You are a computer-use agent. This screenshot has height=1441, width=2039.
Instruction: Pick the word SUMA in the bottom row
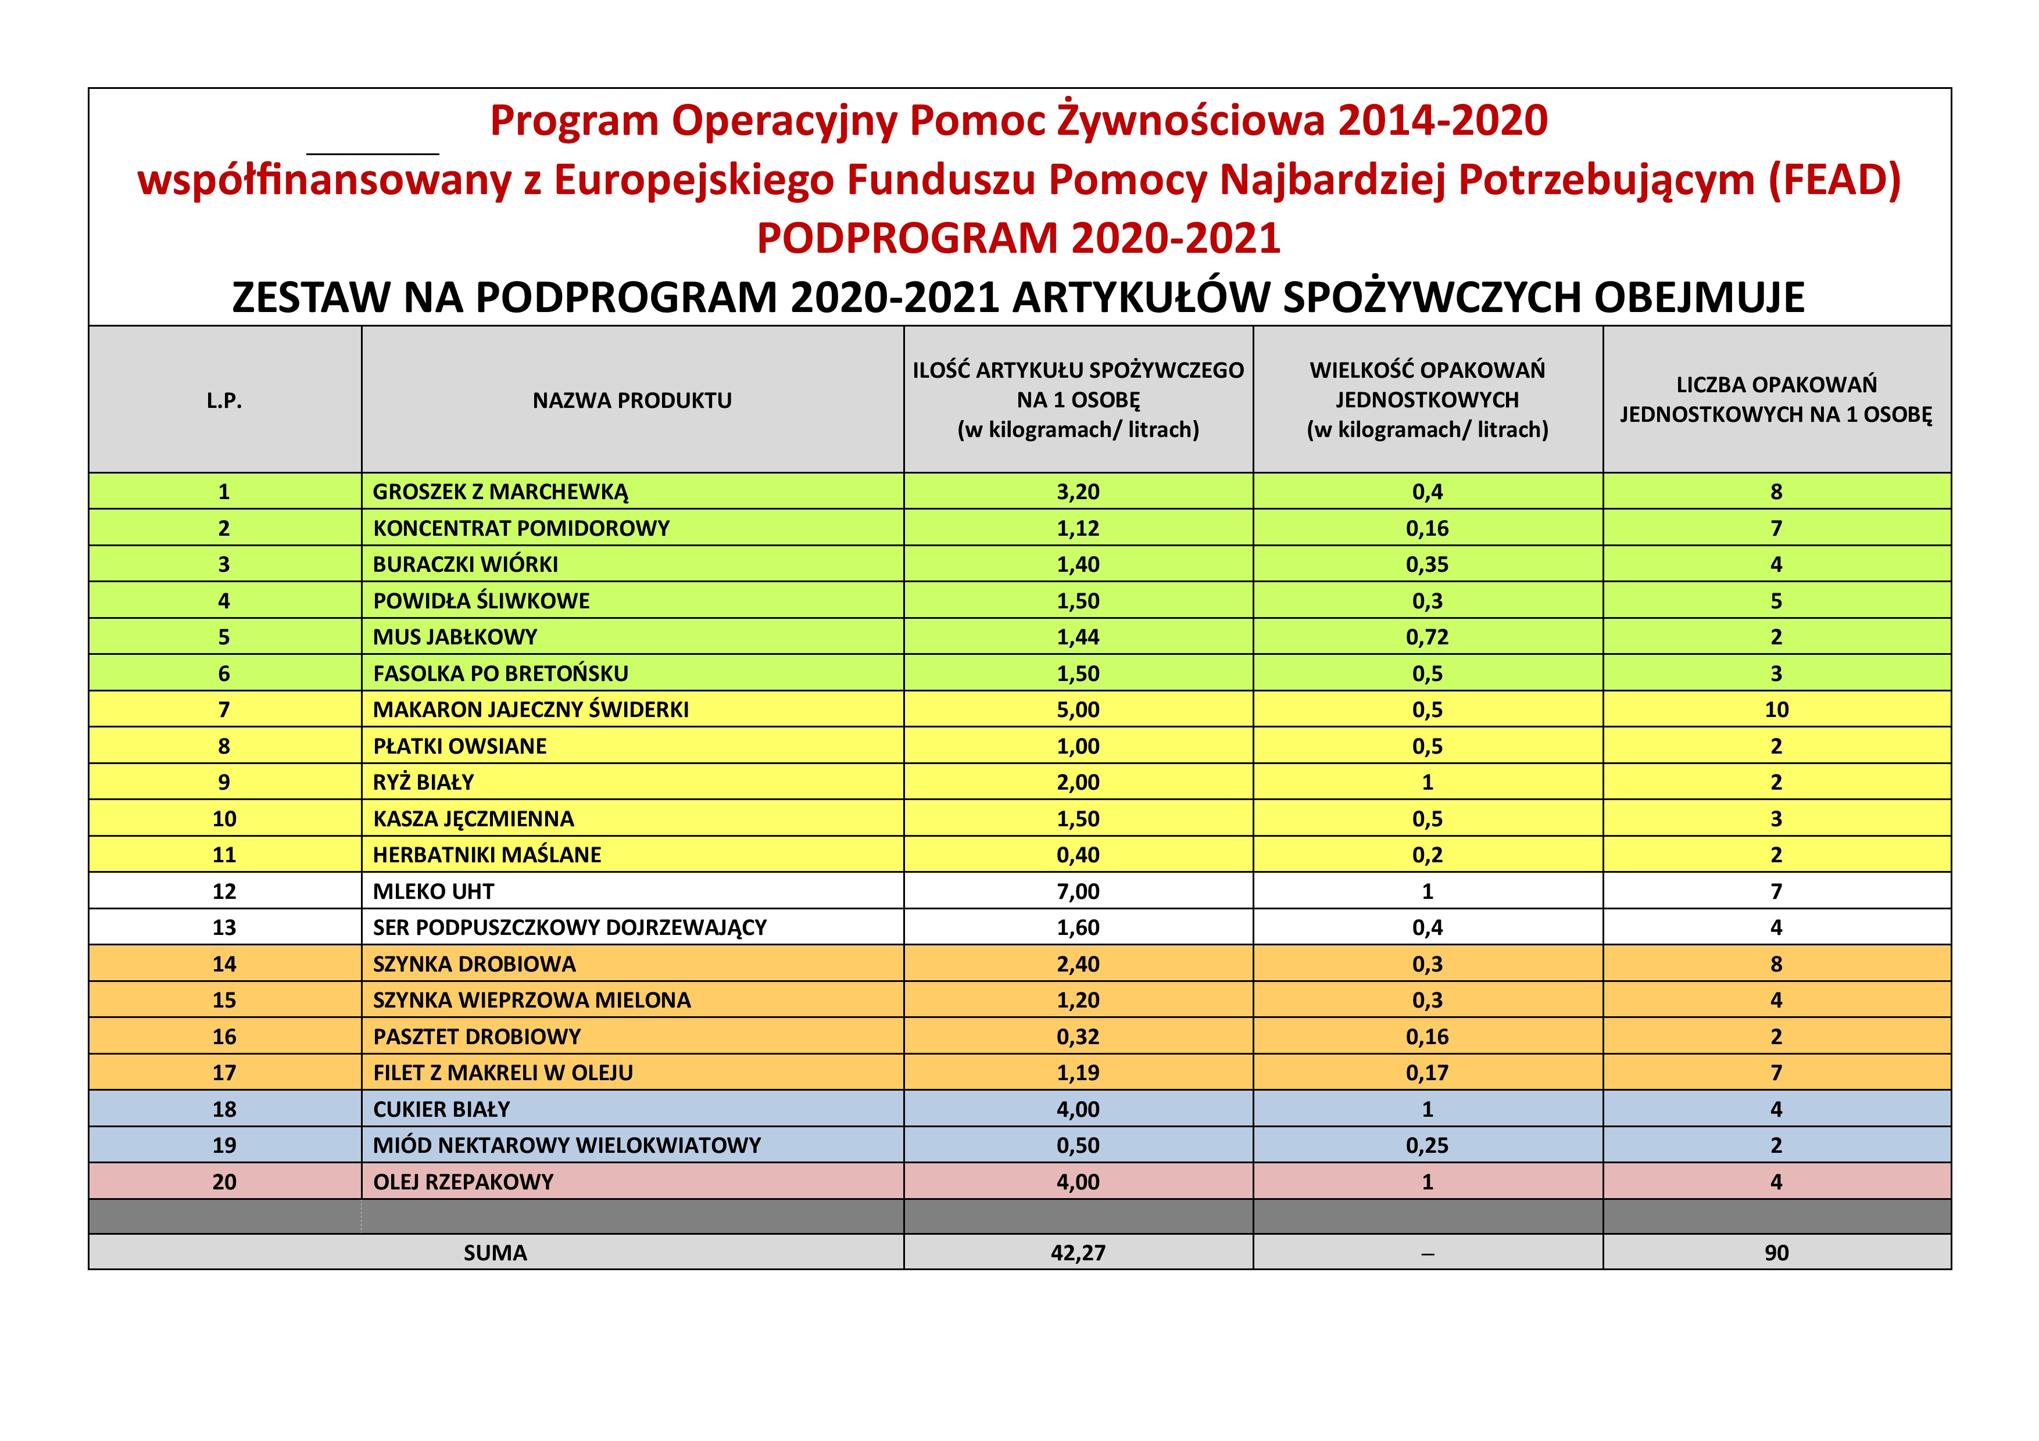pyautogui.click(x=495, y=1253)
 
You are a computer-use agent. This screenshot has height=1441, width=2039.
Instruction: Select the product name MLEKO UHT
pyautogui.click(x=434, y=891)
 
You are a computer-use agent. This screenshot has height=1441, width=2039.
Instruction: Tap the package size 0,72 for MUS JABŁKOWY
pyautogui.click(x=1426, y=637)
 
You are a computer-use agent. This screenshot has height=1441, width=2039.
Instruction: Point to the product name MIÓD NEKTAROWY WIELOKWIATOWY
pyautogui.click(x=567, y=1145)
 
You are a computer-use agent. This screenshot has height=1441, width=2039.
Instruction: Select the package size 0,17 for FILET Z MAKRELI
pyautogui.click(x=1426, y=1073)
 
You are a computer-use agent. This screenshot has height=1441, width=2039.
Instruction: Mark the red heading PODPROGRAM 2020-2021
pyautogui.click(x=1018, y=238)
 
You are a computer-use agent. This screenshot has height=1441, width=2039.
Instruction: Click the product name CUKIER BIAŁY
pyautogui.click(x=441, y=1109)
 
